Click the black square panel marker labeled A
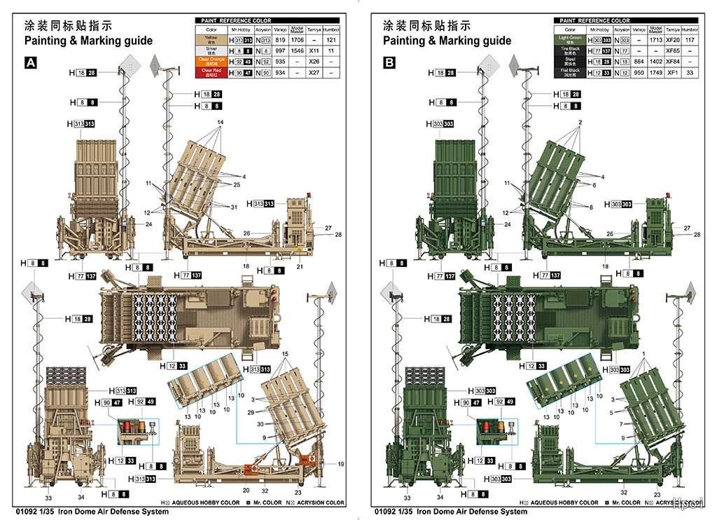pos(31,63)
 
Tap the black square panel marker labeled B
pos(389,63)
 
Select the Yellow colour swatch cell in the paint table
pos(211,41)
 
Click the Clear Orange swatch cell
pos(211,61)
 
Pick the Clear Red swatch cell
pos(211,71)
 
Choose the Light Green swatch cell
pos(570,41)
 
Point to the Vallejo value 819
pos(280,41)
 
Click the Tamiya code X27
pos(314,72)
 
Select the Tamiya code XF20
pos(673,41)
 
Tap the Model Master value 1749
pos(655,72)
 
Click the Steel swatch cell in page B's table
pos(570,62)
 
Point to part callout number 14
pos(220,123)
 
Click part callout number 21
pos(299,266)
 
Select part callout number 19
pos(341,464)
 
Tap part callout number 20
pos(246,491)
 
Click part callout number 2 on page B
pos(580,123)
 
